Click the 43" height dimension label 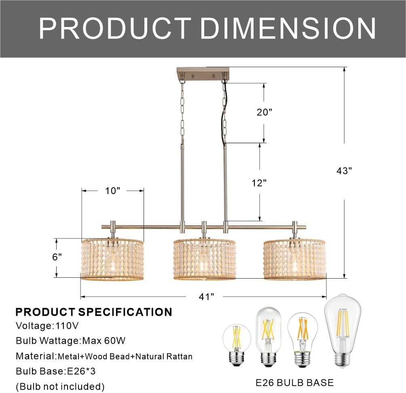344,171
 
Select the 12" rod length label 259,183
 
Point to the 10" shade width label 113,190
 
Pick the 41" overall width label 206,297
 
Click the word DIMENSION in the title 288,28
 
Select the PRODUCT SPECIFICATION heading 94,312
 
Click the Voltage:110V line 47,325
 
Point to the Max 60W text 104,341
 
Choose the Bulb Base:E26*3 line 56,371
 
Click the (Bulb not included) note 60,387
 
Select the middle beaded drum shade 205,259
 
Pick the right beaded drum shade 295,259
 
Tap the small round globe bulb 237,343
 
